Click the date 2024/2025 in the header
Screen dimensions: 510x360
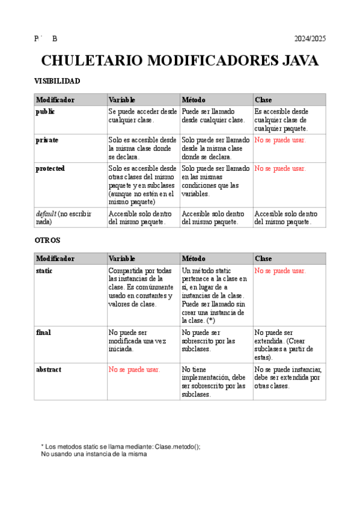click(x=310, y=39)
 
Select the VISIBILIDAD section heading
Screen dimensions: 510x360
click(x=57, y=81)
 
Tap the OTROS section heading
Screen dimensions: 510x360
click(x=47, y=240)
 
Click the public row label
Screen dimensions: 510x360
click(x=45, y=112)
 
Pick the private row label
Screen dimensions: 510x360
click(x=47, y=140)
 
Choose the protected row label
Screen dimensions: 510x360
click(x=50, y=168)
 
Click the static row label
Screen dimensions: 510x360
click(x=44, y=271)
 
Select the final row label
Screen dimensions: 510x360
click(x=43, y=333)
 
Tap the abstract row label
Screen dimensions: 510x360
click(x=48, y=369)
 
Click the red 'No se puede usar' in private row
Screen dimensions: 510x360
click(x=279, y=140)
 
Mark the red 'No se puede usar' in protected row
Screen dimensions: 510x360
click(x=279, y=168)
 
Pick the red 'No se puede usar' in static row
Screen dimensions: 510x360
click(x=279, y=271)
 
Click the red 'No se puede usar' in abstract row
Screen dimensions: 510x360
click(x=134, y=369)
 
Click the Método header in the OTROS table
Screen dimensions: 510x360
click(x=194, y=259)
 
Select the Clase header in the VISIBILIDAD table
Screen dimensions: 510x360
click(x=263, y=99)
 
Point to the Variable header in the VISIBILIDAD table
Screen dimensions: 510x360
click(x=121, y=99)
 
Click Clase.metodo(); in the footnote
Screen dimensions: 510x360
click(x=177, y=446)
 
